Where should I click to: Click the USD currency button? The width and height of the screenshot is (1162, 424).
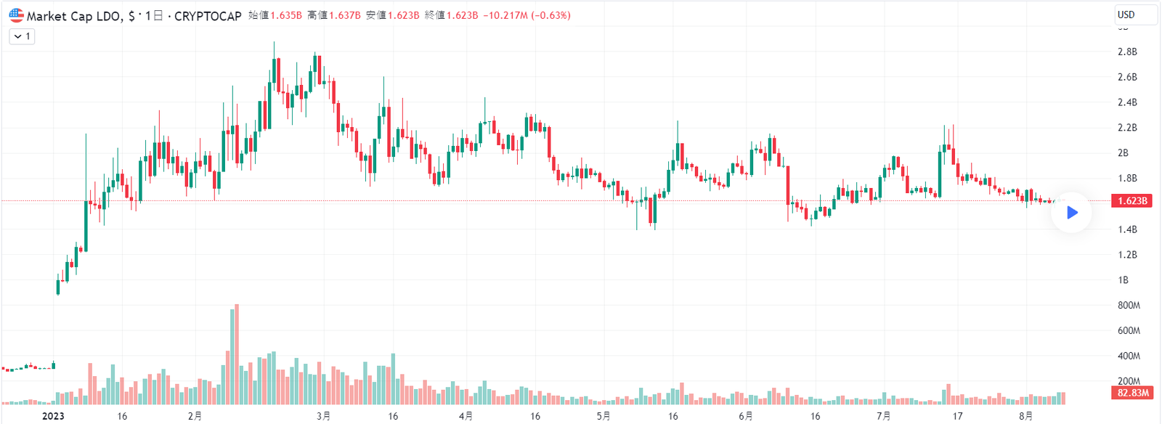1135,15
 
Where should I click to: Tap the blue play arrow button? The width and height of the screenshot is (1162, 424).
1072,212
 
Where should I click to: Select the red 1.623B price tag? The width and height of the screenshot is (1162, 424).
1132,200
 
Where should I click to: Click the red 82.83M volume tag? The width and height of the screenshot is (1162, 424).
1132,393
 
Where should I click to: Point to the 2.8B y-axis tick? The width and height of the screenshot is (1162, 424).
1127,52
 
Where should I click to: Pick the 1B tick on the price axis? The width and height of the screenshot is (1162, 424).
1124,280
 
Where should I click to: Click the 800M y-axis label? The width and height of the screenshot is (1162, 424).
1129,306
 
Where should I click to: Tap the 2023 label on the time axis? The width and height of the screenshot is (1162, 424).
53,416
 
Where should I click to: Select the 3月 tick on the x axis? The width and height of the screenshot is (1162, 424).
323,416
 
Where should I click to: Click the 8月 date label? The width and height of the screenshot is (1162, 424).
1025,416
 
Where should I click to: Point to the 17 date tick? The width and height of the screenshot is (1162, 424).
958,416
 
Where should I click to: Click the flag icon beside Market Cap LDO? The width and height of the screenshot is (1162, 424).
16,15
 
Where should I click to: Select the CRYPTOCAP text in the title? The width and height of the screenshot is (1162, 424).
208,16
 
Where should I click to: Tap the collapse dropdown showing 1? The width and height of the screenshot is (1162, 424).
22,36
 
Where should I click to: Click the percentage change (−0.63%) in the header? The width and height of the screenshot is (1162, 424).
550,15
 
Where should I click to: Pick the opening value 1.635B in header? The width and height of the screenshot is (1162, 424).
286,15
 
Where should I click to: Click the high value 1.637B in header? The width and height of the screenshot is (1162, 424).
344,15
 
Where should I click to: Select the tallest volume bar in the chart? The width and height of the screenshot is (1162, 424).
237,354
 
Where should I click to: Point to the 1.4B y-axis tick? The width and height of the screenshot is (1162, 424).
1127,229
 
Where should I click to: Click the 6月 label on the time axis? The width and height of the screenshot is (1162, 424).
745,416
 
